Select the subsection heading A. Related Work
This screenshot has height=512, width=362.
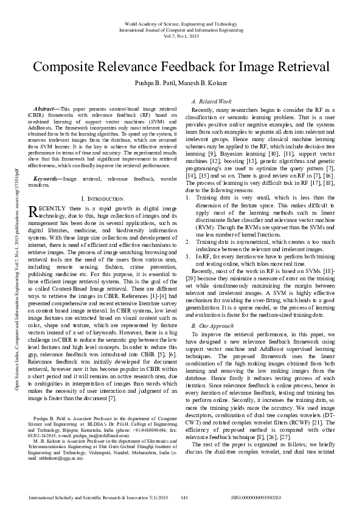click(211, 101)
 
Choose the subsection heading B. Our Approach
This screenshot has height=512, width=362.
click(212, 326)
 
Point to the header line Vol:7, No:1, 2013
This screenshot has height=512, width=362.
click(181, 35)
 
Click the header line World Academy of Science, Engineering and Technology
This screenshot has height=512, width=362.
click(181, 22)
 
